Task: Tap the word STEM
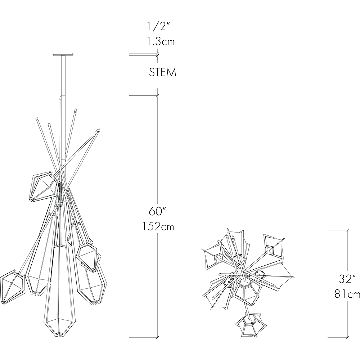[163, 72]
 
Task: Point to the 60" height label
[157, 211]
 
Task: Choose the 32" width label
[348, 279]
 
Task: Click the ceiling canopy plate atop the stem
[64, 54]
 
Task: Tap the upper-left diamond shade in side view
[43, 187]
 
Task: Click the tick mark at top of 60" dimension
[157, 96]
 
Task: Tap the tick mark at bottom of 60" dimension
[157, 337]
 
